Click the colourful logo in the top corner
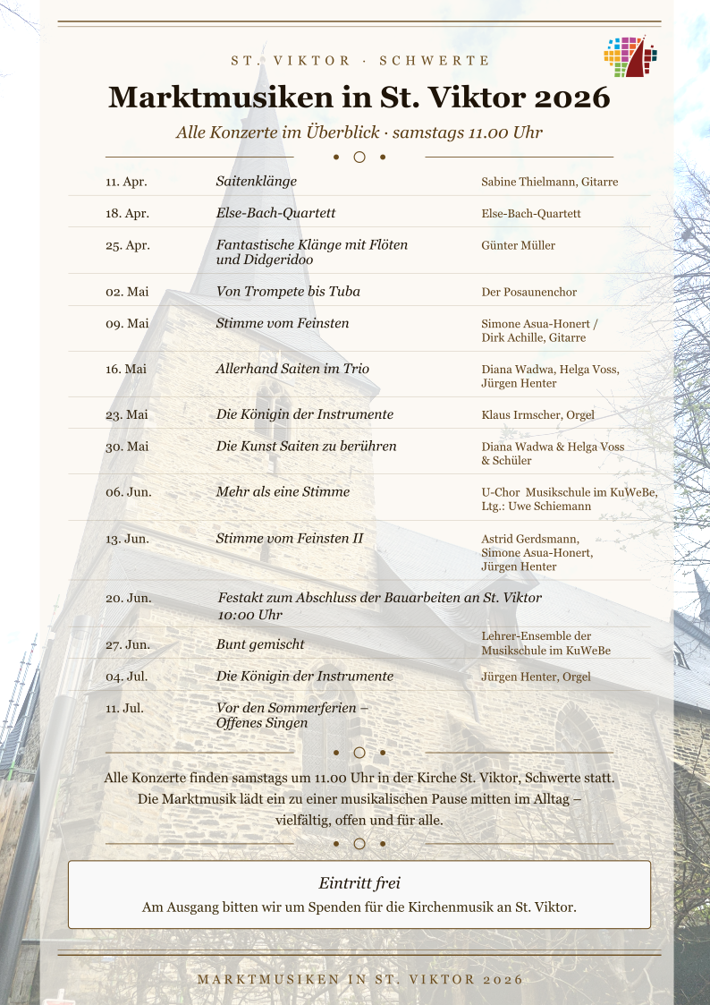click(630, 57)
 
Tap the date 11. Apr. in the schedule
click(126, 182)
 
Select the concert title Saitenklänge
click(257, 181)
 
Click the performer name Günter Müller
click(518, 245)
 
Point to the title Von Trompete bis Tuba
click(288, 292)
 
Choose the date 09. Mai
click(127, 323)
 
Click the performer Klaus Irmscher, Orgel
click(537, 415)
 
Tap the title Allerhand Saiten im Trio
click(292, 369)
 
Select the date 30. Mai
click(127, 447)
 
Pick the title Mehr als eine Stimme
click(283, 491)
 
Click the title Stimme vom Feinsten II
click(290, 538)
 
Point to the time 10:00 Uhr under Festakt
click(249, 615)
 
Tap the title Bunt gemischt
click(260, 644)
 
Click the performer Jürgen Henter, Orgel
click(536, 677)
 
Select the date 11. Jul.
click(124, 708)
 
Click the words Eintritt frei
click(359, 883)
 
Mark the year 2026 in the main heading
click(567, 97)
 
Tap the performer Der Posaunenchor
click(528, 292)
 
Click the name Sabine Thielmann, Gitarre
click(549, 182)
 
